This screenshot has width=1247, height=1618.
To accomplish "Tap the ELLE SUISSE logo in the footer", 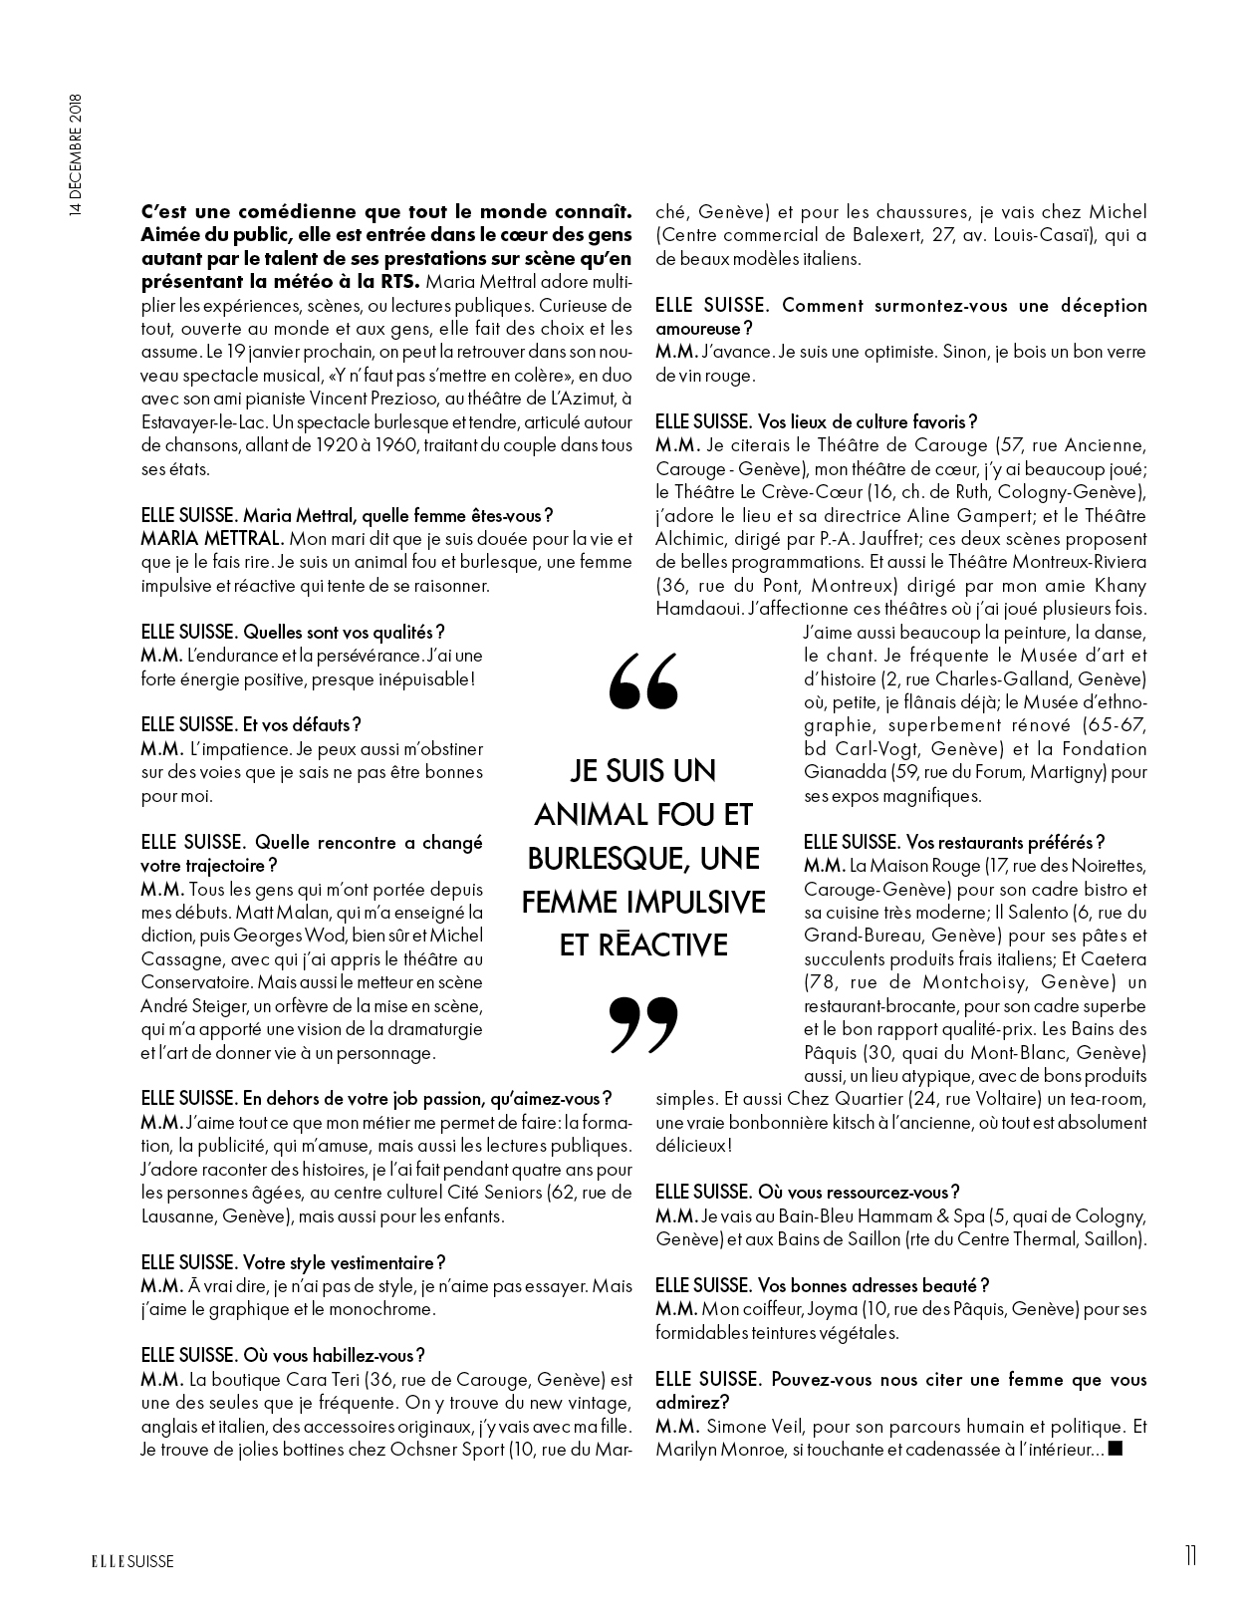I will [x=127, y=1561].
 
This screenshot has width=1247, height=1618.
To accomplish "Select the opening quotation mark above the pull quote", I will [x=642, y=681].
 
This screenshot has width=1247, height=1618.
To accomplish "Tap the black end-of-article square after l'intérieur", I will [x=1116, y=1449].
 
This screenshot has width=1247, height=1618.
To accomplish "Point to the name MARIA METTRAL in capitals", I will [x=199, y=539].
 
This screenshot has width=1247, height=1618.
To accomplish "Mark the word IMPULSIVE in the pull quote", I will [x=696, y=902].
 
